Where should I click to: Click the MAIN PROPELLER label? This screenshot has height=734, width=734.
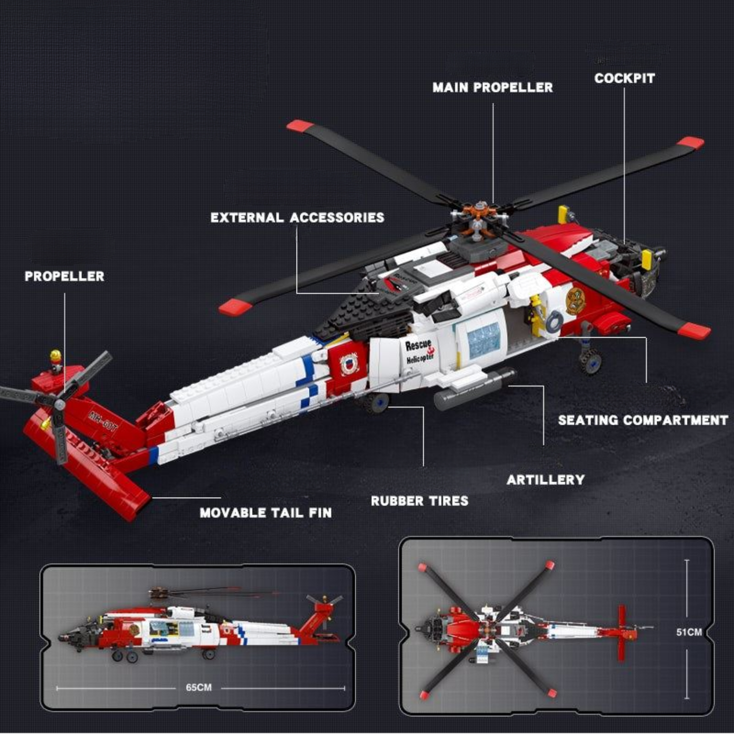(492, 87)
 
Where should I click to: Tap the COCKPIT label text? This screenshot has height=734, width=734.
(624, 78)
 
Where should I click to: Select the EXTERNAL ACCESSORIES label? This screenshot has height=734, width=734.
(297, 217)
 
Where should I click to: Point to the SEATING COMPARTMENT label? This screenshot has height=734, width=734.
(643, 420)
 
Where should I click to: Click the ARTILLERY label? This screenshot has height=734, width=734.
(546, 480)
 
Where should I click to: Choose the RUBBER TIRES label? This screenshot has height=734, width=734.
(419, 501)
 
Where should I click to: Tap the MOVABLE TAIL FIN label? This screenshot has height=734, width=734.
(266, 513)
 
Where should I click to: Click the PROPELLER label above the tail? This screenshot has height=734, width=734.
(65, 276)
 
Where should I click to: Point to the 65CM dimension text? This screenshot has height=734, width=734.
(199, 687)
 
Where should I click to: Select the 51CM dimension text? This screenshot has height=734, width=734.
(689, 632)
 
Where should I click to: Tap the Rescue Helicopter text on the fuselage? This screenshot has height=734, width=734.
(419, 351)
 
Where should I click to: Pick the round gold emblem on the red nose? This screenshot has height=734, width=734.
(576, 301)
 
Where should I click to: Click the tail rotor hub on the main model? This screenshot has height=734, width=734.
(59, 404)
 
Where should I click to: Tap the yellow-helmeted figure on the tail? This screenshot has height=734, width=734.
(55, 360)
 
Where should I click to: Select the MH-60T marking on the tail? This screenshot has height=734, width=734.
(102, 421)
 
